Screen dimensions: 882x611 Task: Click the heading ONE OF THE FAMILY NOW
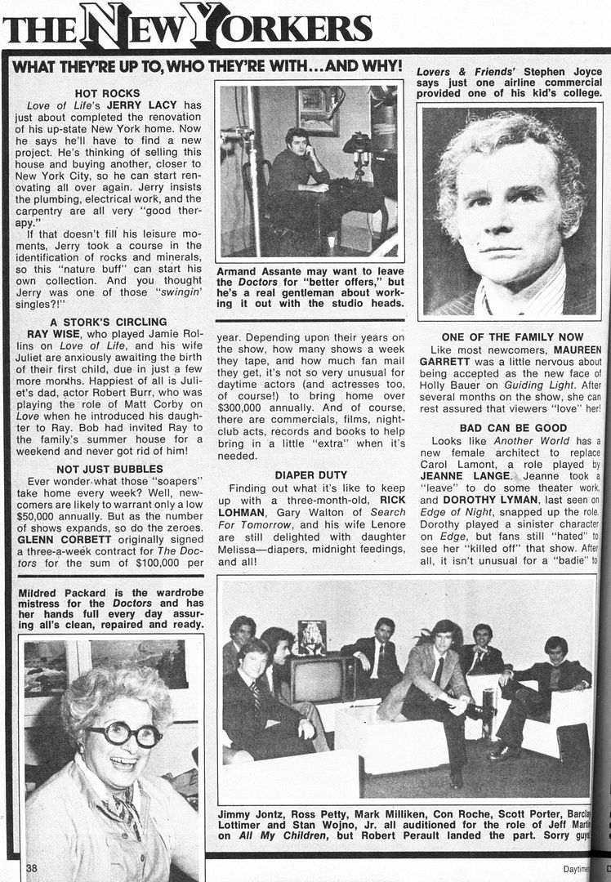point(512,337)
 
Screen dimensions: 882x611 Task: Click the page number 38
point(31,868)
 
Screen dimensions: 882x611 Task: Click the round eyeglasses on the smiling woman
point(125,733)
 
